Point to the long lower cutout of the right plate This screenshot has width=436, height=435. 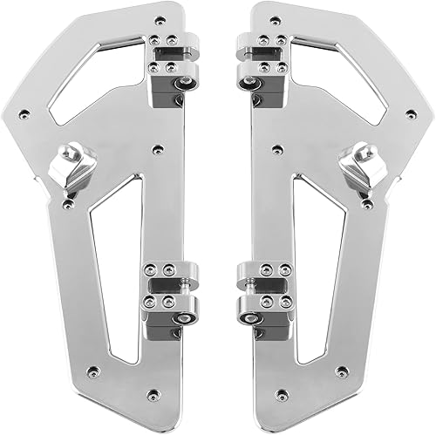tap(314, 262)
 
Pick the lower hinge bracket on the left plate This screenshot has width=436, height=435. tap(171, 292)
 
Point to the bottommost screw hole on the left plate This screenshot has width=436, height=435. tap(153, 394)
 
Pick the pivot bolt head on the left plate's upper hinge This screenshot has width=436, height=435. tap(184, 84)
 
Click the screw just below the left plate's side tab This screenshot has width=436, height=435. tap(68, 204)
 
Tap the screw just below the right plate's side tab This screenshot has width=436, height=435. tap(368, 204)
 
